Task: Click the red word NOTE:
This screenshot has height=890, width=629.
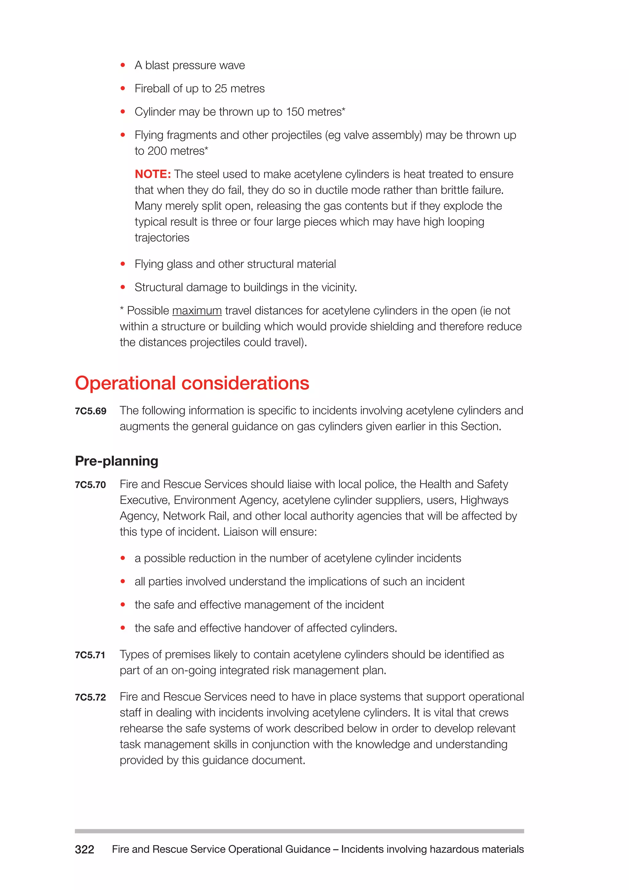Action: pos(153,174)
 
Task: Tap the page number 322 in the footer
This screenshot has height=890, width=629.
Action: pos(84,849)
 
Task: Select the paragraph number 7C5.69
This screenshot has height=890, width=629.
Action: pos(90,411)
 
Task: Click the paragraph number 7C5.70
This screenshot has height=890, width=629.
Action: pos(90,485)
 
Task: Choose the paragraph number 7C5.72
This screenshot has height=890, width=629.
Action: pos(90,697)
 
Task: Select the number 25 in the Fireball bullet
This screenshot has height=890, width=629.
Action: pos(221,89)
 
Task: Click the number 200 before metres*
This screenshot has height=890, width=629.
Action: pos(157,151)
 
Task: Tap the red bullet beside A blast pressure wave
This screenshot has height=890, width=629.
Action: pos(123,65)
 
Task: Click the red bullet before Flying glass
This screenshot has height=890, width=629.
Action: pos(123,264)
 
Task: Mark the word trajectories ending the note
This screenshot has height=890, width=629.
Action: pos(162,238)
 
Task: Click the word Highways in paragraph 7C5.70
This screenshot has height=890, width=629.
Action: pos(484,500)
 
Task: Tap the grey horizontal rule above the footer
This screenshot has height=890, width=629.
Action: pos(299,831)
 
